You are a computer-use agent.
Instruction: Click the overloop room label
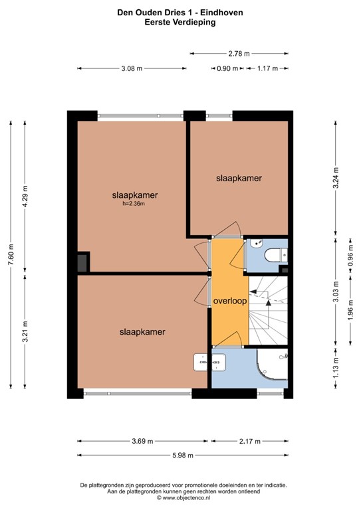pos(230,301)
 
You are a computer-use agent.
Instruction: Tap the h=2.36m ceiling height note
pos(134,204)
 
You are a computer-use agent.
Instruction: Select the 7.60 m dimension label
pos(11,254)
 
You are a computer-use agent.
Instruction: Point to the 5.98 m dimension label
pos(183,456)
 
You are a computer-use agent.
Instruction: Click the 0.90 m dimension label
pos(227,68)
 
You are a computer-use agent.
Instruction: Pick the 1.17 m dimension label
pos(267,68)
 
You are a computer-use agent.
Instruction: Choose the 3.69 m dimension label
pos(142,442)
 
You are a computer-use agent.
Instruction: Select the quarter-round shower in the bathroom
pos(272,365)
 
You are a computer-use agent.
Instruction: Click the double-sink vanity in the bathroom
pos(209,363)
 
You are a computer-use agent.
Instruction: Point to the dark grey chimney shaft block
pos(82,263)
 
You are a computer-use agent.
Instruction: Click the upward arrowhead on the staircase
pos(268,303)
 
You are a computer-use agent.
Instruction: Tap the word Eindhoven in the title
pos(221,13)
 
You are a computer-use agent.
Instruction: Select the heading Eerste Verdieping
pos(180,22)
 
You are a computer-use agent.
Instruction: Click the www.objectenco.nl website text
pos(186,497)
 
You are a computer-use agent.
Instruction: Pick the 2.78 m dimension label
pos(239,54)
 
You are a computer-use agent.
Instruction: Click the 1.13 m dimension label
pos(336,368)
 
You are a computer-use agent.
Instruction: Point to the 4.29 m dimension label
pos(25,196)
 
